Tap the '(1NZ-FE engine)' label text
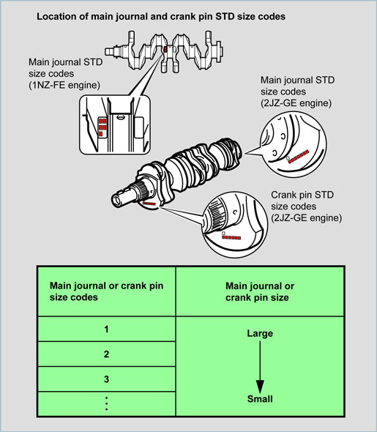(64, 85)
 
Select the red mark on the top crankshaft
(165, 49)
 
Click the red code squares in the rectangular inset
(102, 127)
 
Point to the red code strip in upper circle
(298, 157)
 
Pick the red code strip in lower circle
(231, 237)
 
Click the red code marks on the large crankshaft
(149, 204)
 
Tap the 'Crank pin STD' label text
(302, 195)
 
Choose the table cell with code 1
(107, 329)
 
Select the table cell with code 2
(107, 354)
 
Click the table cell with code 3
(107, 379)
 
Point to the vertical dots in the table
(107, 403)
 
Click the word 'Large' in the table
(260, 333)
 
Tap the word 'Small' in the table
(260, 398)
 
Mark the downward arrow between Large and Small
(260, 368)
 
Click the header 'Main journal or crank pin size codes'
(106, 291)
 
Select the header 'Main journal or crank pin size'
(260, 291)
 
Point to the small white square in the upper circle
(288, 158)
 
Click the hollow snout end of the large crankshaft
(116, 199)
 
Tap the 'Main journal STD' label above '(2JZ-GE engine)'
(297, 80)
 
